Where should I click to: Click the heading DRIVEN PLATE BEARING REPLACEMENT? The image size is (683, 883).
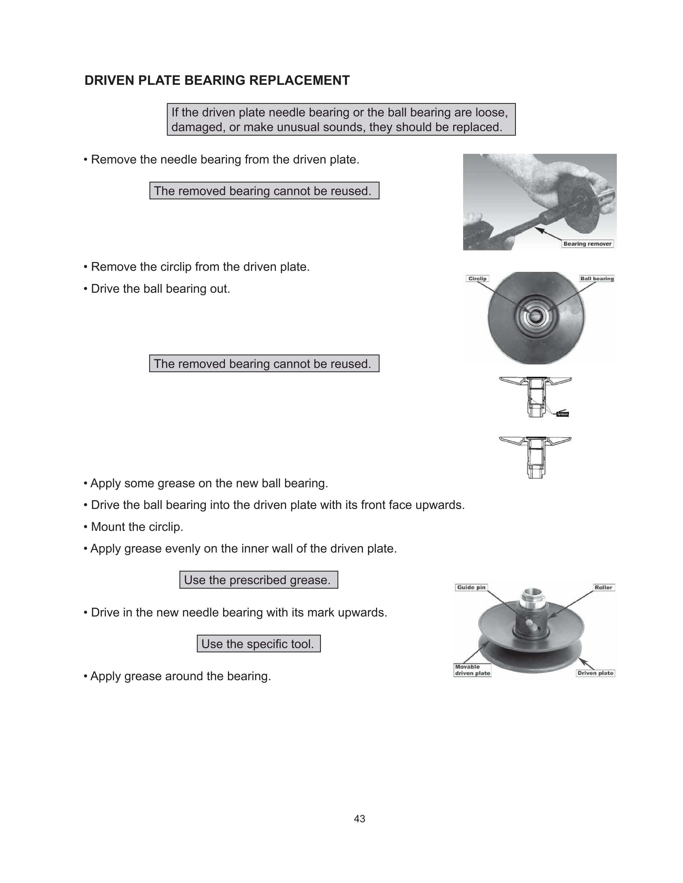(x=217, y=81)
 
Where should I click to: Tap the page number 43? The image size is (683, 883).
(x=359, y=819)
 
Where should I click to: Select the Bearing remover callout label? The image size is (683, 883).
(x=587, y=244)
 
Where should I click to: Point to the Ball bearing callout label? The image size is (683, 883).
(x=597, y=279)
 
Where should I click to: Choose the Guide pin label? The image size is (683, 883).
(x=471, y=587)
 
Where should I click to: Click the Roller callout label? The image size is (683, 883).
(x=603, y=587)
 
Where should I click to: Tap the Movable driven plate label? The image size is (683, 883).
(x=472, y=670)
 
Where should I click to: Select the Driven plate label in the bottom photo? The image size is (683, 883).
(x=595, y=673)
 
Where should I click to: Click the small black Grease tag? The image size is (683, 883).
(x=562, y=414)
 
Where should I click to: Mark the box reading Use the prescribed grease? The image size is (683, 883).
(x=258, y=580)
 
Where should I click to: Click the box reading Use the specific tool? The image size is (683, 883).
(x=258, y=644)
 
